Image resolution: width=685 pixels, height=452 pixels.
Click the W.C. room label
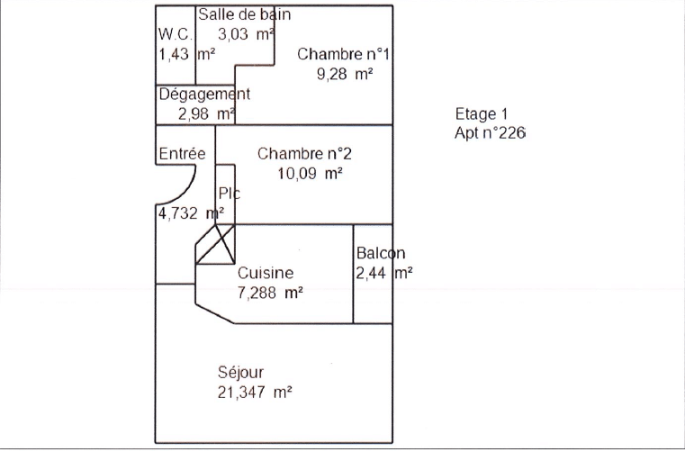point(176,34)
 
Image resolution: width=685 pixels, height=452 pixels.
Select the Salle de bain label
point(244,14)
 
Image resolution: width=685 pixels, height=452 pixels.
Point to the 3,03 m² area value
point(246,34)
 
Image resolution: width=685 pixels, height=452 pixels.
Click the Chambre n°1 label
point(343,54)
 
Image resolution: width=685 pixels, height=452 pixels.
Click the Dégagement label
point(204,94)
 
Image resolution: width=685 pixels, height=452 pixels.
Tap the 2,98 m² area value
point(206,113)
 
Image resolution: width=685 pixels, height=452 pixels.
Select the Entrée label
point(182,154)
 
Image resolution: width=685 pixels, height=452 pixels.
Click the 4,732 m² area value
point(190,213)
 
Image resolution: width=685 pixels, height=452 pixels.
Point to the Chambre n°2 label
point(298,153)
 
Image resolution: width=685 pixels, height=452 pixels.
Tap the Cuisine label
point(266,273)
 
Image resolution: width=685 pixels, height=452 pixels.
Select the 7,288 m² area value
point(270,293)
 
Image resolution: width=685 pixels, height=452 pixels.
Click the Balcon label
point(381,254)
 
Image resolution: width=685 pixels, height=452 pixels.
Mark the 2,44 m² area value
point(384,273)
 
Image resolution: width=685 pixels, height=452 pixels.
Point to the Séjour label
point(241,372)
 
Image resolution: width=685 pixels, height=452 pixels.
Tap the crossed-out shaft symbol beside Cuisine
point(216,244)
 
